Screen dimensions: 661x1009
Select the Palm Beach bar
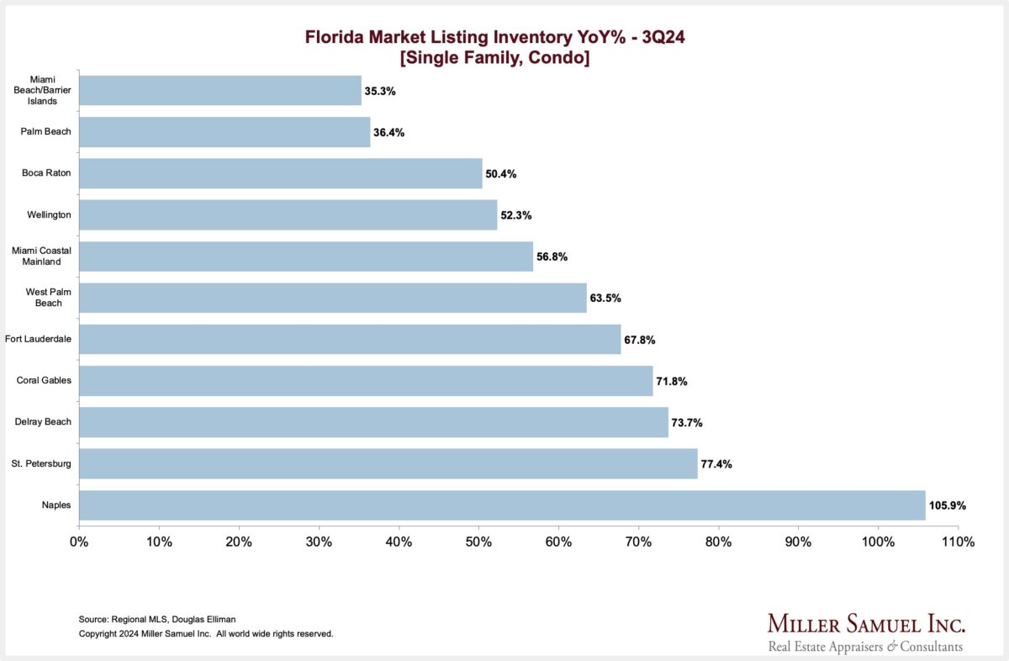pos(225,132)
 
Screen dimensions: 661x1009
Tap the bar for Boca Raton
pos(281,173)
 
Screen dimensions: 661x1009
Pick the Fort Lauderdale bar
pos(350,340)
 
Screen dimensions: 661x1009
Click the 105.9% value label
pos(948,506)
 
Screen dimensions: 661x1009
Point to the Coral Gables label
pos(45,381)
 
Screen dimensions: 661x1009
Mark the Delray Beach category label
pos(45,422)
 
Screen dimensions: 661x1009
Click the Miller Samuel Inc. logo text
pos(866,624)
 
